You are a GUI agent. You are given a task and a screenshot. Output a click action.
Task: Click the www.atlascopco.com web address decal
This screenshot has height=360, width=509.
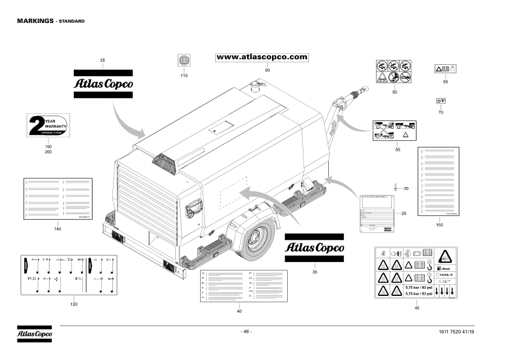click(x=262, y=57)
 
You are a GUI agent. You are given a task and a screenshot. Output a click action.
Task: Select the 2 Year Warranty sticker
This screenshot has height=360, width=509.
click(x=48, y=125)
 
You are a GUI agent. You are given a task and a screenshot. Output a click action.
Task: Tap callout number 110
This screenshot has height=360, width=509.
click(x=184, y=76)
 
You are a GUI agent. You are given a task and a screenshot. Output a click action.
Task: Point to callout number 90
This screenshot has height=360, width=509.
click(x=267, y=71)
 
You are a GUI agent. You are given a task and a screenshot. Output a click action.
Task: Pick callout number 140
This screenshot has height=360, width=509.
click(x=57, y=229)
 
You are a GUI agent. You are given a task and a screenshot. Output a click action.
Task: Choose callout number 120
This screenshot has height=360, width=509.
click(x=74, y=304)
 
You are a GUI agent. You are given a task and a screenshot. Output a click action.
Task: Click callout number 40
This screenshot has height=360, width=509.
click(x=239, y=311)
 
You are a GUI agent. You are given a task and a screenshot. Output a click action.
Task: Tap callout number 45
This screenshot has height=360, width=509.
click(x=417, y=309)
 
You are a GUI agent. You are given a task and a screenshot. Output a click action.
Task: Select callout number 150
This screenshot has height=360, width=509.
click(x=439, y=225)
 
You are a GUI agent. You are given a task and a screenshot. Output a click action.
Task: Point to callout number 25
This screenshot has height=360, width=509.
click(x=404, y=214)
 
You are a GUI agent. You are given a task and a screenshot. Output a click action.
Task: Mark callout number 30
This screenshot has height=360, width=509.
click(x=406, y=189)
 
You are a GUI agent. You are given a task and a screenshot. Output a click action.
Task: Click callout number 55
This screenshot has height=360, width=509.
click(x=397, y=149)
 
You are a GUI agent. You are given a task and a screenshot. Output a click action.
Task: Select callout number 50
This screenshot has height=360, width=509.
click(x=394, y=92)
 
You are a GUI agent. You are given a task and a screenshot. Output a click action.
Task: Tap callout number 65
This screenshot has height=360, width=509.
click(x=446, y=81)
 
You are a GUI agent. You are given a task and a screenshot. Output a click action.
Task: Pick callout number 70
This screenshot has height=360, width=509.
click(x=441, y=113)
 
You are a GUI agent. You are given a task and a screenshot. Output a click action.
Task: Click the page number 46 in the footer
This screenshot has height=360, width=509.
click(x=246, y=332)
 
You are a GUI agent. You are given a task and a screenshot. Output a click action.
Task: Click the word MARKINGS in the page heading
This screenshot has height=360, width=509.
click(x=35, y=21)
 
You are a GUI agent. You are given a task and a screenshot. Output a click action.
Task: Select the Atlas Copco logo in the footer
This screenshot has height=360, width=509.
click(x=34, y=333)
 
